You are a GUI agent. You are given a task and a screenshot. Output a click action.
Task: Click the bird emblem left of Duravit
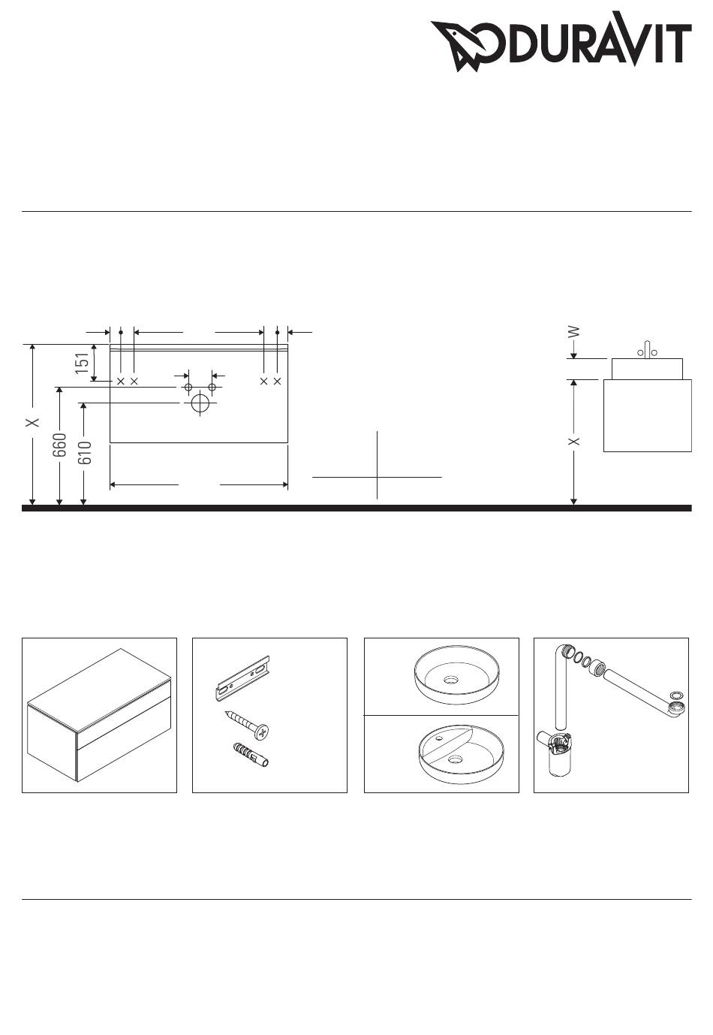pos(464,45)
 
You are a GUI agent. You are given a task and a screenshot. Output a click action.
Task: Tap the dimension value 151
pos(83,363)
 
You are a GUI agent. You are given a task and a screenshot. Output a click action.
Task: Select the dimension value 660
pos(59,445)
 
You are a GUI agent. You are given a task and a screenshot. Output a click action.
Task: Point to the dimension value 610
pos(85,452)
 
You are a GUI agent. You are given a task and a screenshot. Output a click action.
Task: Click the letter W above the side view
pos(573,331)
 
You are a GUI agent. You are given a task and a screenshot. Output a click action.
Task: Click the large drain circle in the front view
pos(200,403)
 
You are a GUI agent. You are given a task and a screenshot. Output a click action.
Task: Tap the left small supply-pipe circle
pos(188,387)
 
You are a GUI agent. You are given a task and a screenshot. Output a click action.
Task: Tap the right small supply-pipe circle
pos(212,387)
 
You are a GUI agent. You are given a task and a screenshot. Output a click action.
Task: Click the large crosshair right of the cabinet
pos(378,477)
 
